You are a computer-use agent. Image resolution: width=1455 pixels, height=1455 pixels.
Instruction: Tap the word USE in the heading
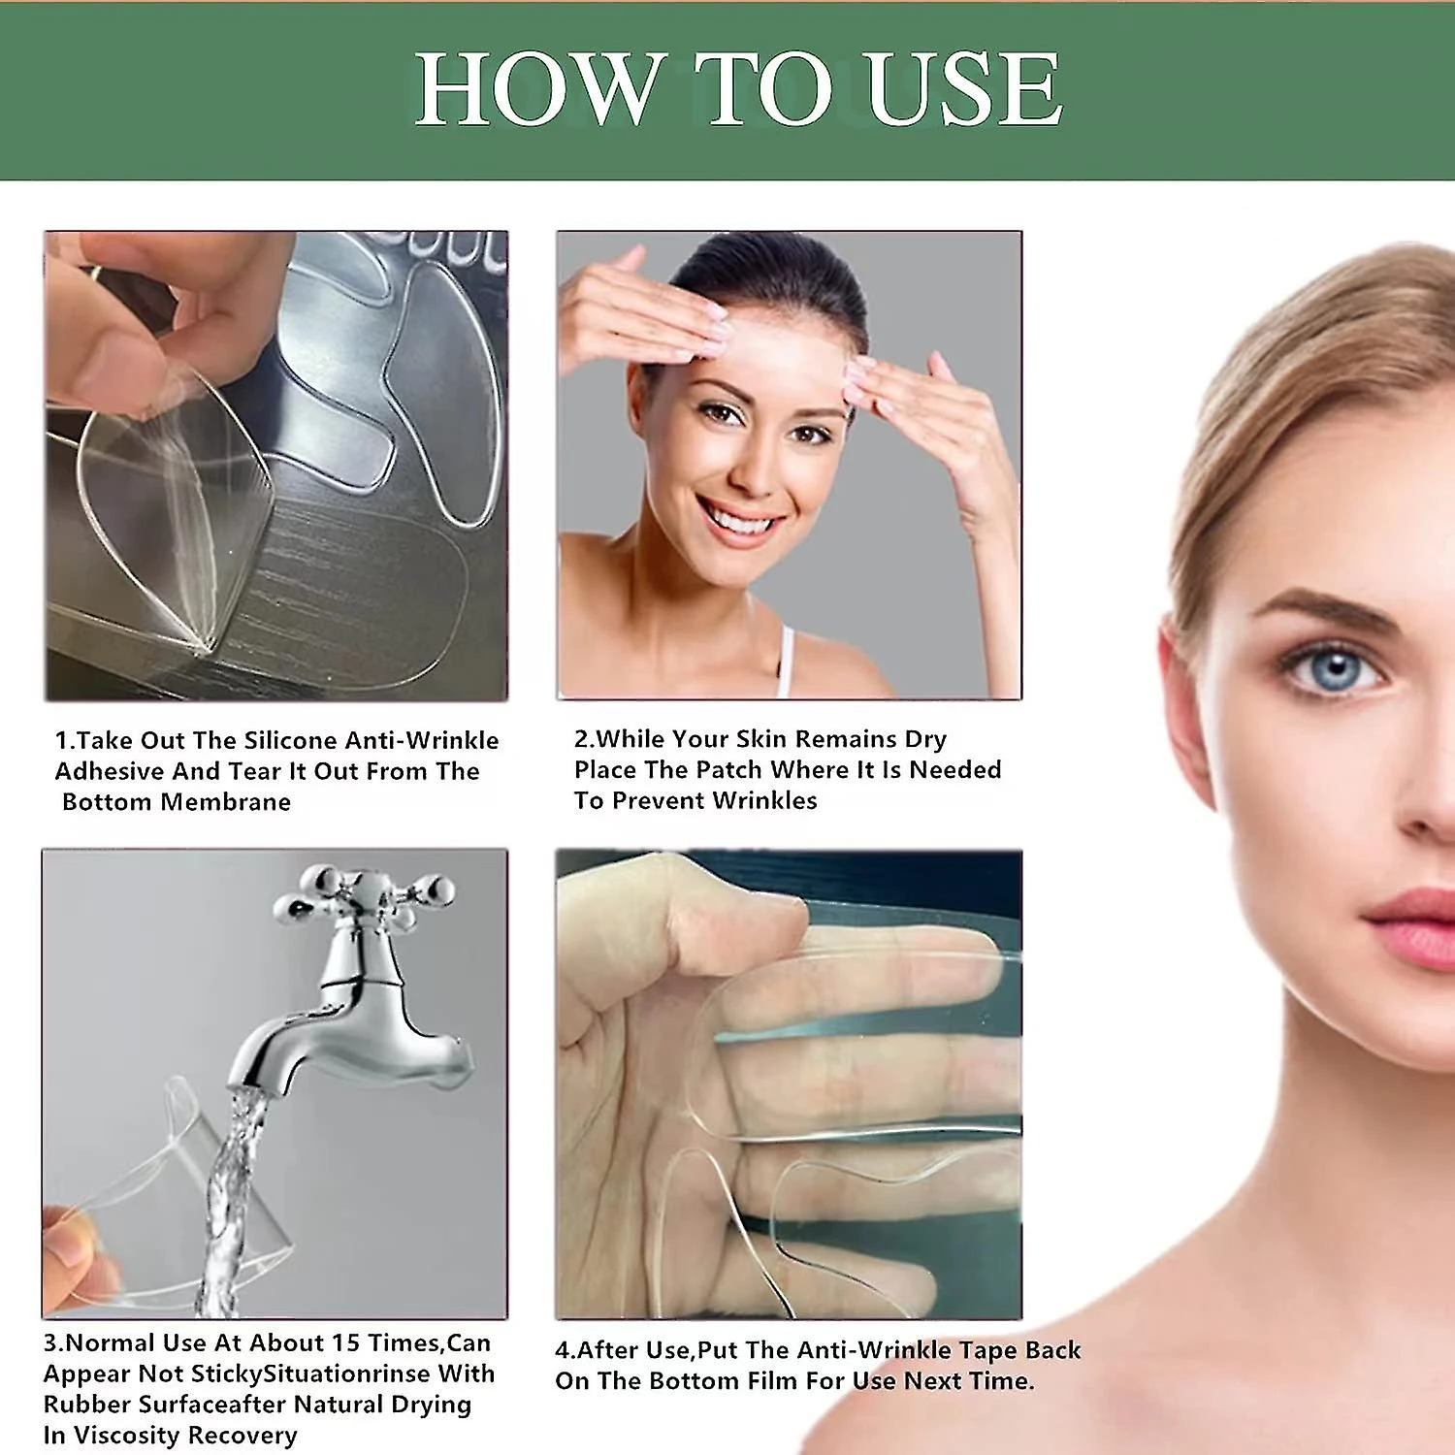(964, 88)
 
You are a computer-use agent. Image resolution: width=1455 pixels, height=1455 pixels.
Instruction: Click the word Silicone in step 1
(291, 740)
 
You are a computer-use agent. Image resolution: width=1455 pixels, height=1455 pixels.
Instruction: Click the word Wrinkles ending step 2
(764, 800)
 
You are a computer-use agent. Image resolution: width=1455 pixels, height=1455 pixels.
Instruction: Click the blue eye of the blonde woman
(1336, 669)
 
